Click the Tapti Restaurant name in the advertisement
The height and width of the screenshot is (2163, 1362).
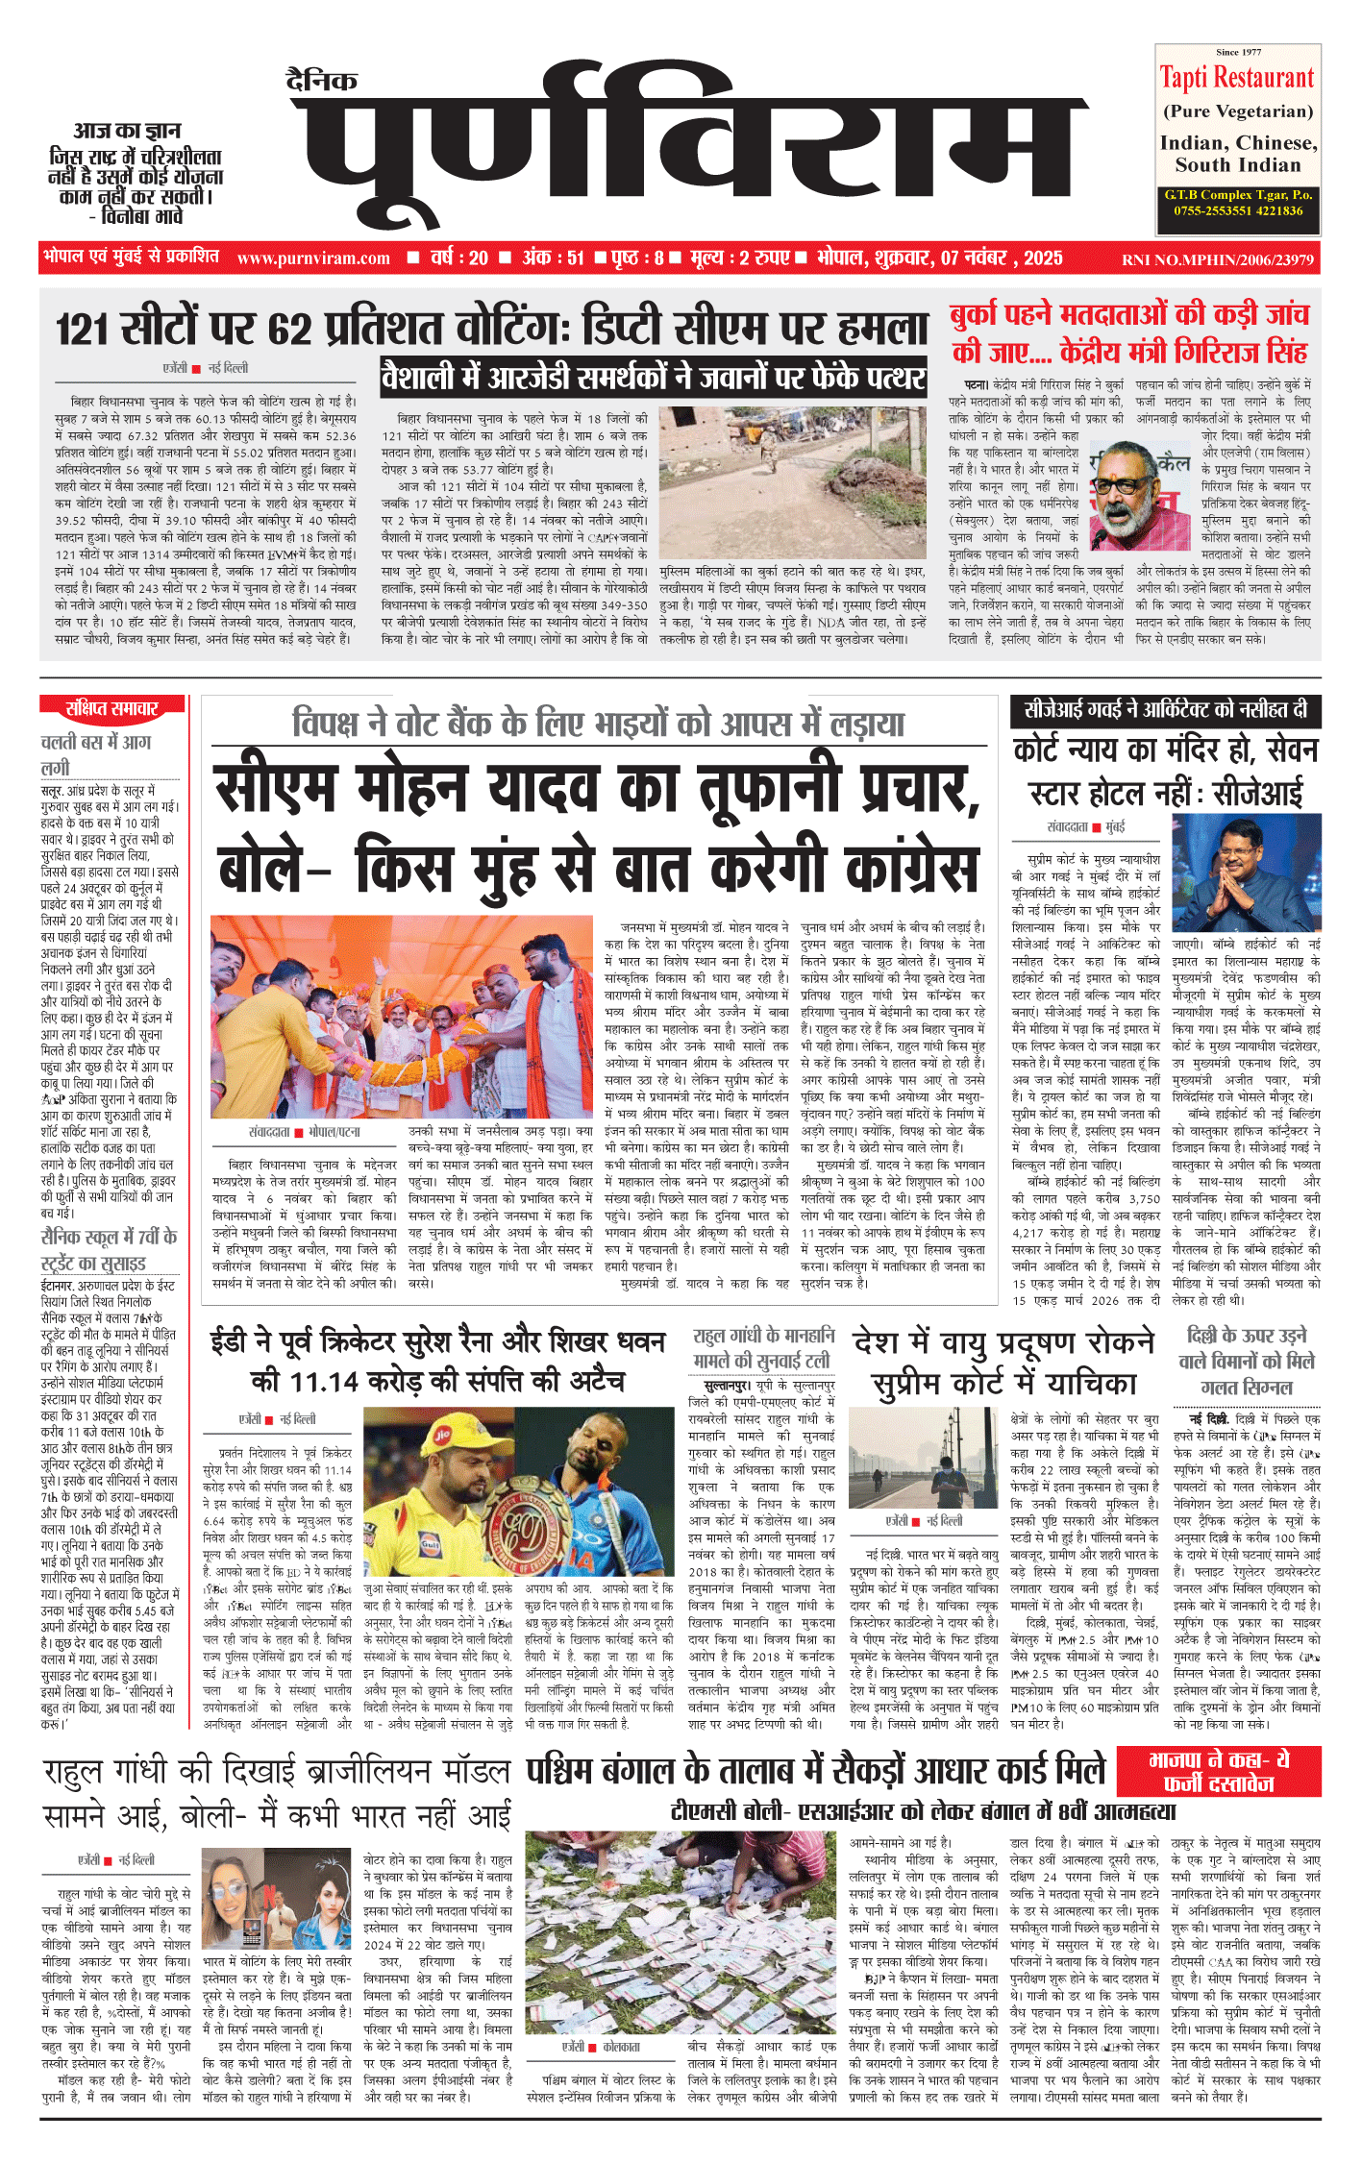(1236, 78)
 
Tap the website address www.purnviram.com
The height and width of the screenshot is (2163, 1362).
(313, 258)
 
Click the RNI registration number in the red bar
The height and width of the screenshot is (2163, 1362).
(1217, 259)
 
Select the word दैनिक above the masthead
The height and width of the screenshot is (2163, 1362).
(322, 81)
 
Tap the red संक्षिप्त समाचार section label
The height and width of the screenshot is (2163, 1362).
(111, 709)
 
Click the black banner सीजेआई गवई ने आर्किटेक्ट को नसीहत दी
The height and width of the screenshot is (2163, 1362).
(1165, 710)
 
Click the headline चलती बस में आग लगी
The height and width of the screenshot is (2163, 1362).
(96, 754)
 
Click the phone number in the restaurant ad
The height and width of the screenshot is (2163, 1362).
(1237, 210)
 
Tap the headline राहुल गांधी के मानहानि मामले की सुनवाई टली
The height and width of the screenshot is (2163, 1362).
(763, 1347)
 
